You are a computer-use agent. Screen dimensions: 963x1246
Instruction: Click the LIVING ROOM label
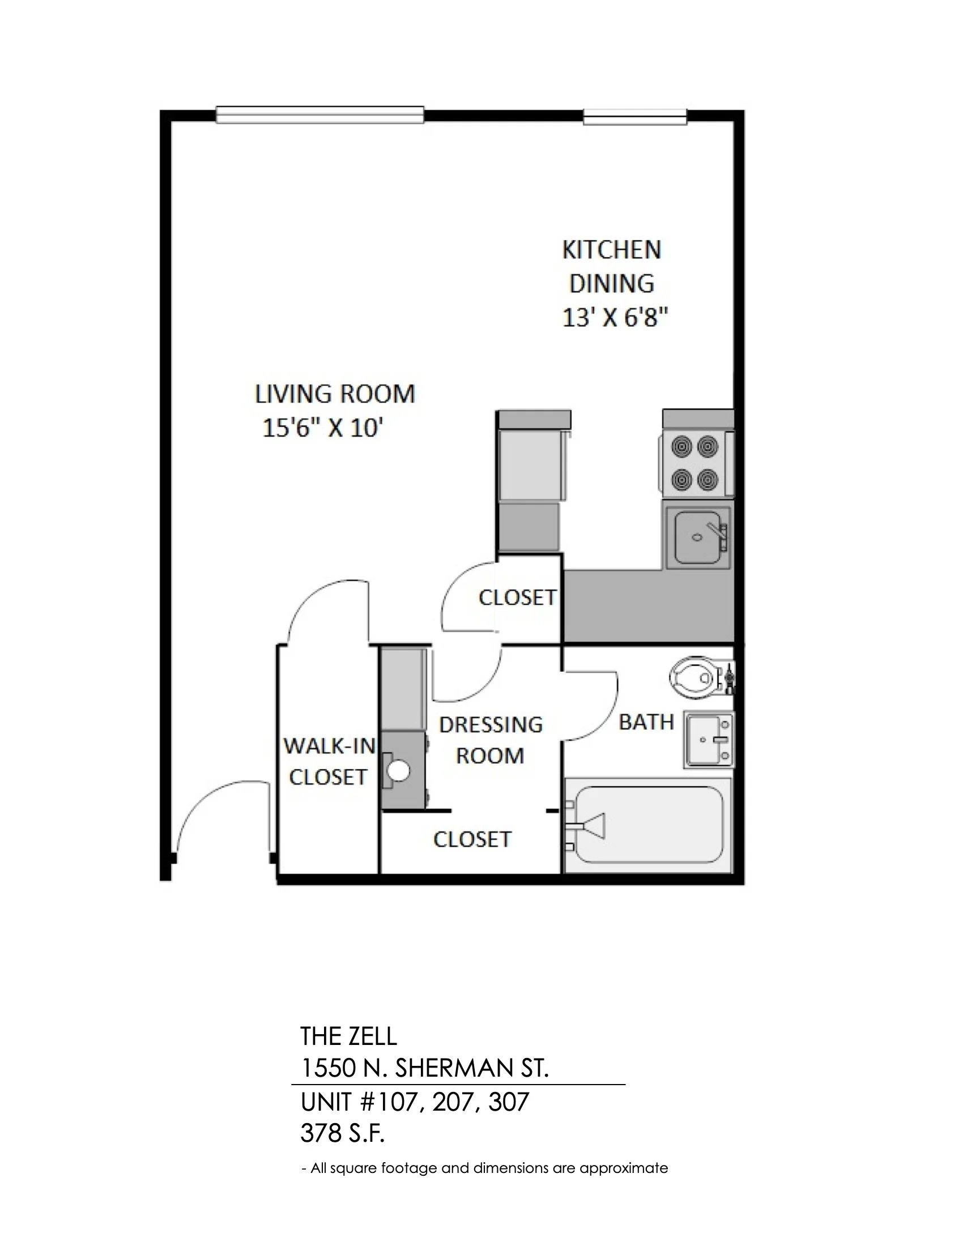tap(335, 394)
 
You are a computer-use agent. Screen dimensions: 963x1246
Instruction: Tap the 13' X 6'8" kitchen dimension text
tap(615, 317)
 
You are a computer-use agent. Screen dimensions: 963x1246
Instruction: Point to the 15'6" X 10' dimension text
tap(321, 428)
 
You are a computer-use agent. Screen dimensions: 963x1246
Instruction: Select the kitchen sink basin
tap(697, 536)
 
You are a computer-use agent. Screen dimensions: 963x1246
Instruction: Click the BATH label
tap(646, 722)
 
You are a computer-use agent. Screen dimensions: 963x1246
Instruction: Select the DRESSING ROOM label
tap(491, 740)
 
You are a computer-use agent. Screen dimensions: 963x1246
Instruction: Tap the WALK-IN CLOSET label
tap(329, 761)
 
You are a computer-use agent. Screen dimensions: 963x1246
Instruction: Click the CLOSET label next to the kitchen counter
tap(517, 598)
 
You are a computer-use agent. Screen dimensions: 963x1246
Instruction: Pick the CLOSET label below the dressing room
tap(472, 839)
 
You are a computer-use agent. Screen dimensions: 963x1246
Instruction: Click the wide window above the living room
tap(320, 114)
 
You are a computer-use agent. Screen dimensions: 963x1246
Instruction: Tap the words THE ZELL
tap(348, 1035)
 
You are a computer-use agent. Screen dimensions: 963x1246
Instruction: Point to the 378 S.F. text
tap(342, 1134)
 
